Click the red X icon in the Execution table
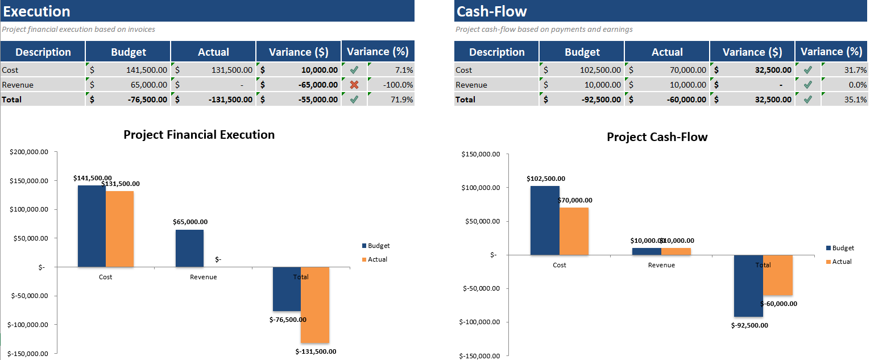354,85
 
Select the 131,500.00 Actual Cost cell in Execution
213,70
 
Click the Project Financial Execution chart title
199,135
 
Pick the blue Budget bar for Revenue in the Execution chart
189,248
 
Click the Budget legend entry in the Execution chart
378,246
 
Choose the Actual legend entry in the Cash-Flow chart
842,262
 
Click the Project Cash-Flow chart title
657,137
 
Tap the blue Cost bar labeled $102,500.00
545,220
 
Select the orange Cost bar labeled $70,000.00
574,231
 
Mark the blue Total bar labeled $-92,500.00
748,285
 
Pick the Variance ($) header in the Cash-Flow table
752,52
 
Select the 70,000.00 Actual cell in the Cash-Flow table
667,70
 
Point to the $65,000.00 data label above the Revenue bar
190,222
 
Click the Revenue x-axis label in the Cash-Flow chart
661,265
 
